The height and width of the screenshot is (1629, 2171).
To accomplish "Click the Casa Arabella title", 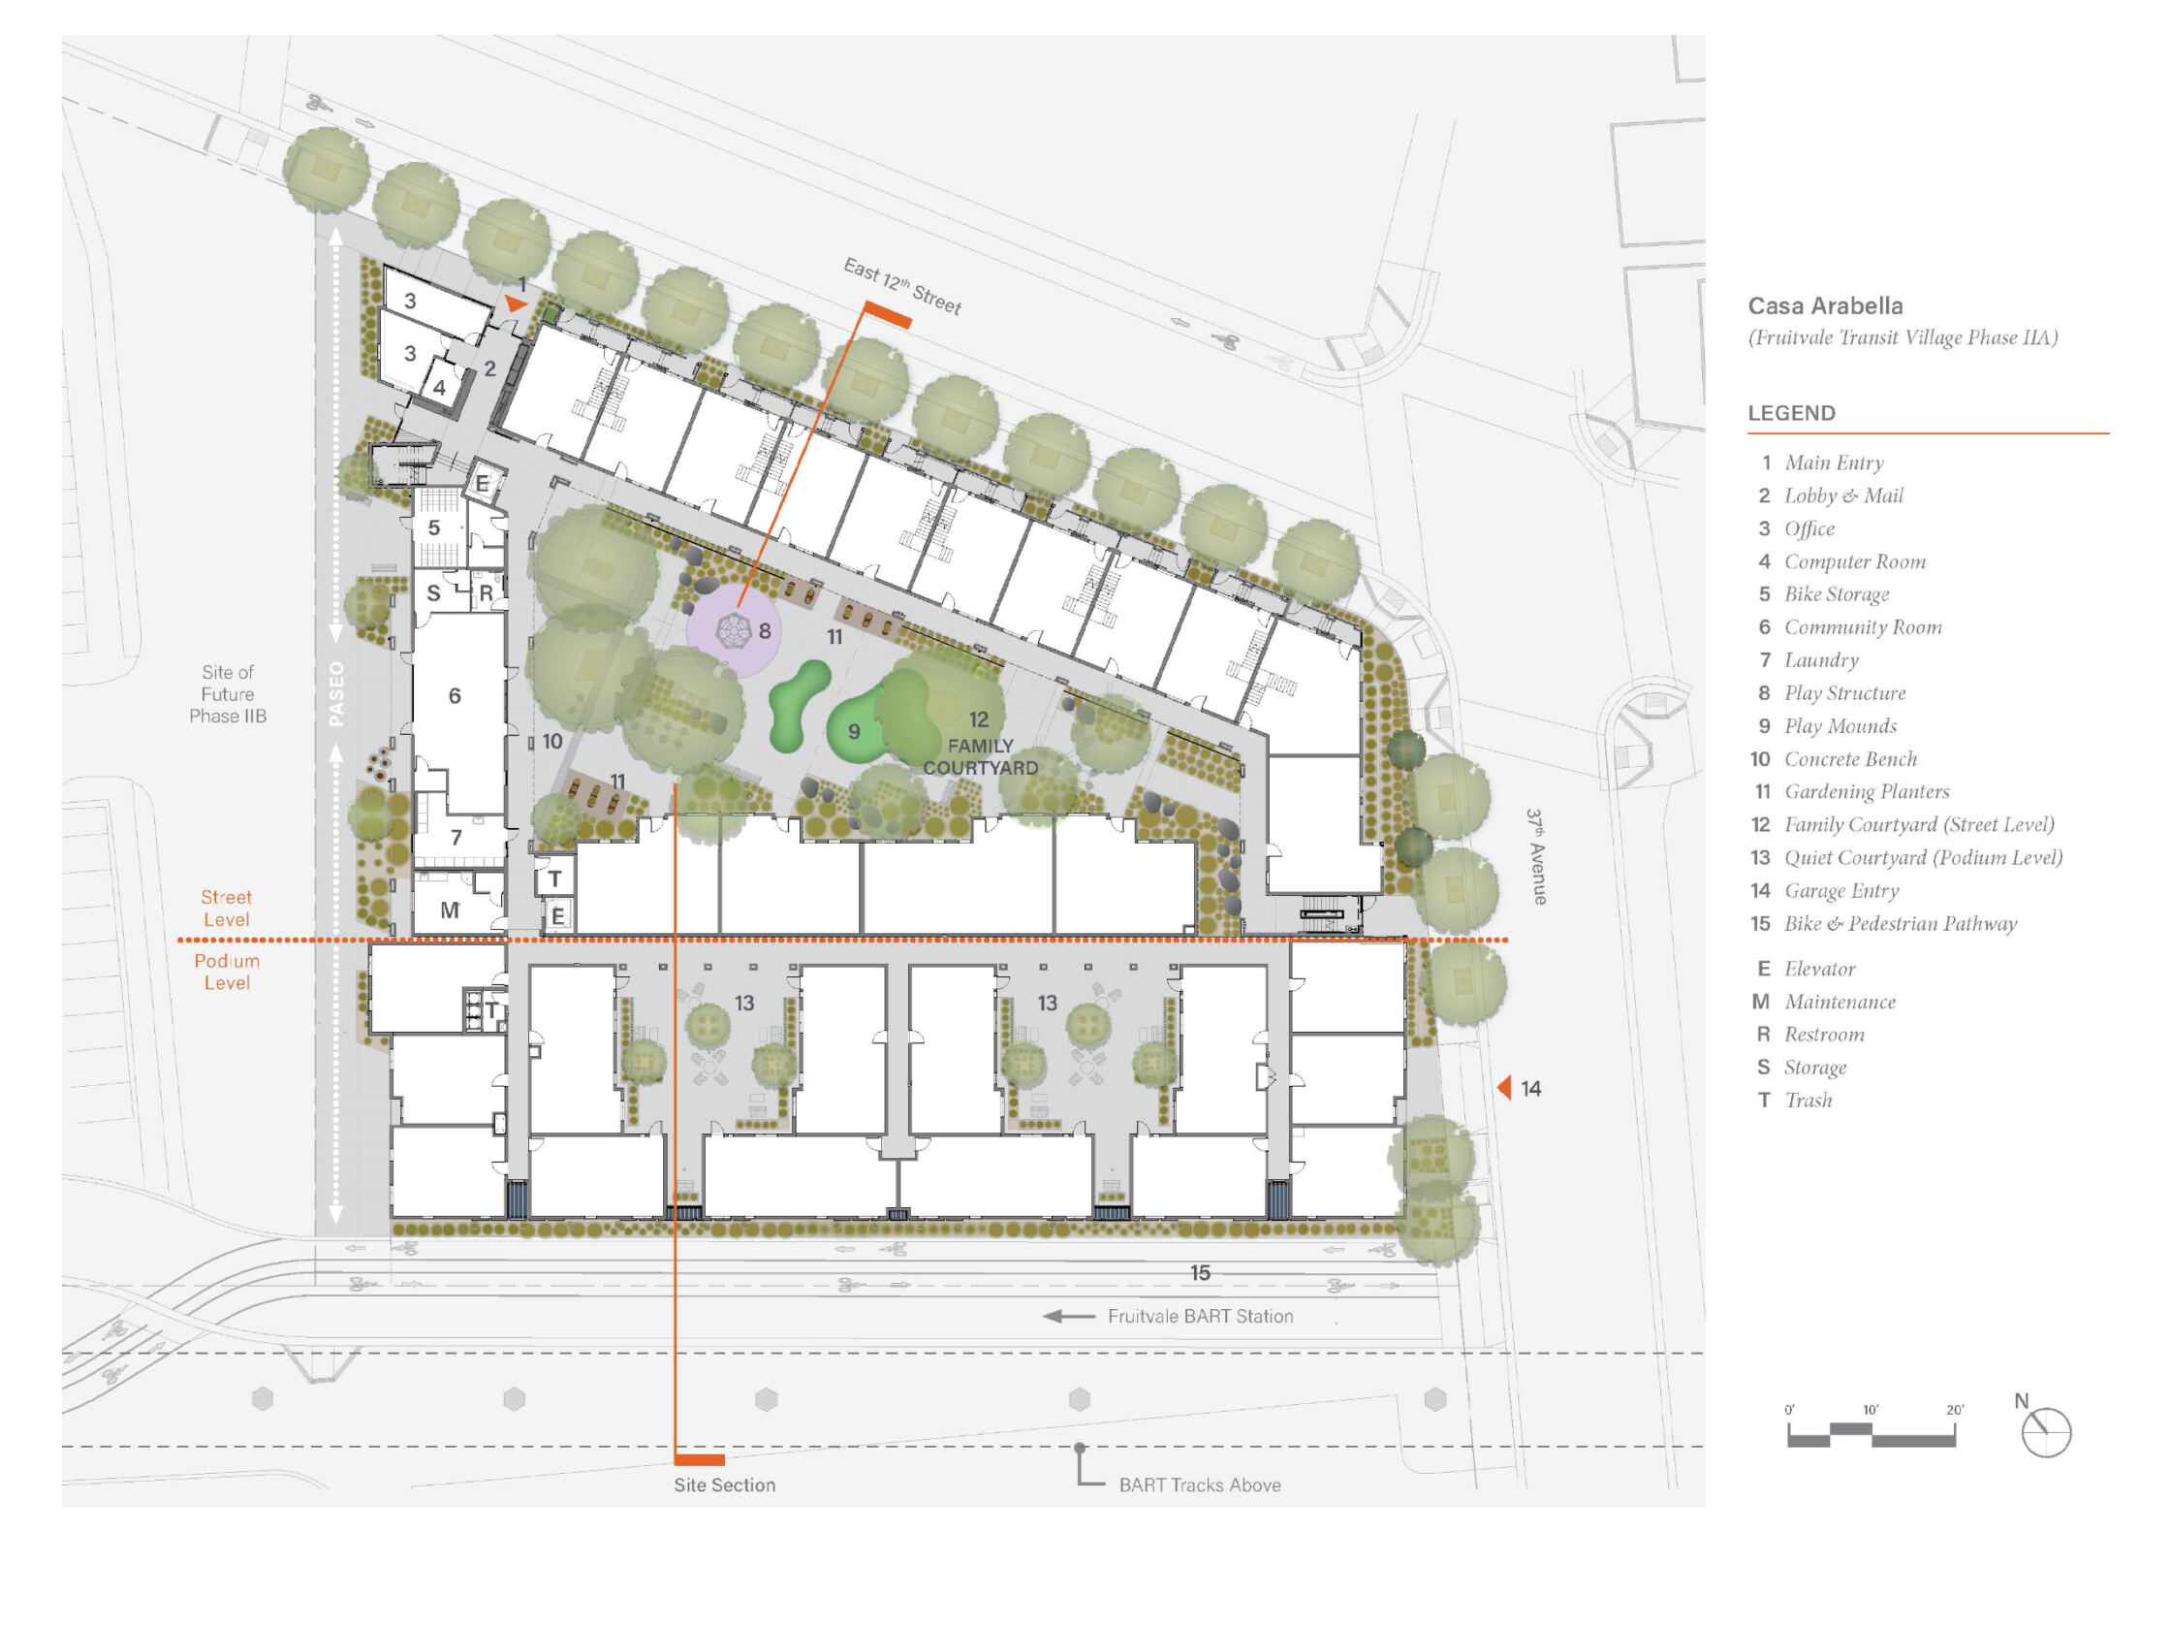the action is click(x=1825, y=305).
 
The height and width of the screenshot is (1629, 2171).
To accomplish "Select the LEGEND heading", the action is click(x=1791, y=413).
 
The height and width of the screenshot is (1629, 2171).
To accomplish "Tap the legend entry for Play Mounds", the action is click(x=1828, y=725).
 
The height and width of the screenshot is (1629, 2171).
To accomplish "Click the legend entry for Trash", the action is click(x=1795, y=1100).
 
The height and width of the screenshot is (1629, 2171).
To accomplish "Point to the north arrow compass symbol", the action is click(x=2045, y=1431).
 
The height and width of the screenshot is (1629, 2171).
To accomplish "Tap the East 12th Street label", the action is click(x=902, y=286).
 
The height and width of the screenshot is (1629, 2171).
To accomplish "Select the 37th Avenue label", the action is click(x=1537, y=856).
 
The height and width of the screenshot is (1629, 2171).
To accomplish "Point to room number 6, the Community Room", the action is click(x=455, y=696).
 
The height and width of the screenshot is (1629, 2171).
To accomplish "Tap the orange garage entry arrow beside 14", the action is click(x=1503, y=1087).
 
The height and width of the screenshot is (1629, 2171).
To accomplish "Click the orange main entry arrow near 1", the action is click(x=517, y=304).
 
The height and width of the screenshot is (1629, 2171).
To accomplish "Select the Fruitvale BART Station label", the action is click(x=1199, y=1316).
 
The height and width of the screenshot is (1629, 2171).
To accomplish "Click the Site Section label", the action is click(x=724, y=1485).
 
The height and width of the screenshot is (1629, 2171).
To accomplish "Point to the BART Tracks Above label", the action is click(x=1199, y=1485).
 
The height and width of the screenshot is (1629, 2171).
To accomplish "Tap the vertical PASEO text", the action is click(x=336, y=693).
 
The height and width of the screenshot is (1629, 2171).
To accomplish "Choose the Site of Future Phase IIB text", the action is click(x=228, y=694).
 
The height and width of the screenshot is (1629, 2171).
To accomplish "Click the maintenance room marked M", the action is click(x=450, y=910).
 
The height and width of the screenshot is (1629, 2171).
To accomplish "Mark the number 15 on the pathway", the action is click(x=1199, y=1272).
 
